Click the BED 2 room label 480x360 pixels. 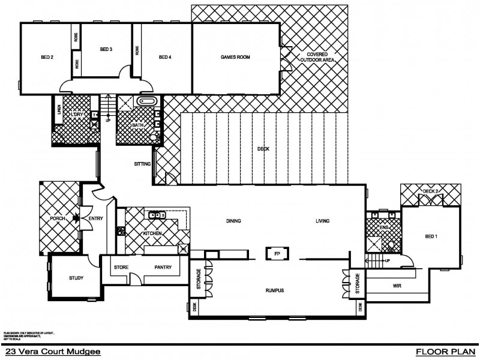[x=47, y=58]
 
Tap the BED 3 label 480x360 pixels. [x=106, y=49]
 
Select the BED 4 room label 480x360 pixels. [x=165, y=58]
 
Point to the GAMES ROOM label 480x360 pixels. [x=236, y=58]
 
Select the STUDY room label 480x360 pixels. [x=76, y=278]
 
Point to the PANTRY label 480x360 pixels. [x=163, y=268]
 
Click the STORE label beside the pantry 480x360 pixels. [x=122, y=268]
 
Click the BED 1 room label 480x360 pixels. [x=431, y=236]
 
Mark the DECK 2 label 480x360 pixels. [x=431, y=191]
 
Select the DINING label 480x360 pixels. [x=233, y=221]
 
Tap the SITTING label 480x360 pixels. [x=142, y=163]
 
